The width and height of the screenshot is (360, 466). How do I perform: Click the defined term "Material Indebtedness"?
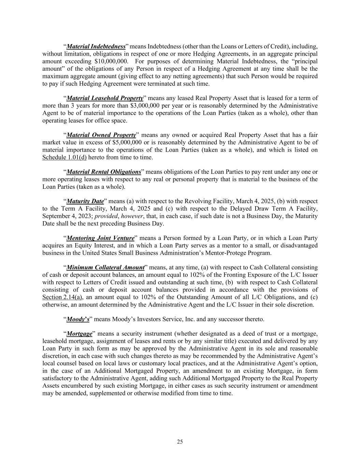pos(96,46)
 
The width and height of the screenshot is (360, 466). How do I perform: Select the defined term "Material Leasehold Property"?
pos(105,98)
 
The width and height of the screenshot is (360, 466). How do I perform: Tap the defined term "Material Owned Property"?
pos(101,135)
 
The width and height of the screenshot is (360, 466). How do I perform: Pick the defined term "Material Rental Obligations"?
pos(104,172)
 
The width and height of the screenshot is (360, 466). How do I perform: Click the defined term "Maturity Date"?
pos(85,201)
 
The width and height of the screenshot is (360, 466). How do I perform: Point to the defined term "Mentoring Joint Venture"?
pos(100,238)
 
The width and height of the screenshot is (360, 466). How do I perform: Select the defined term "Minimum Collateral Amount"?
pos(105,267)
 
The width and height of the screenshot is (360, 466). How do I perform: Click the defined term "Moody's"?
pos(78,319)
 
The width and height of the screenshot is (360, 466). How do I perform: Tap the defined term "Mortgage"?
pos(79,334)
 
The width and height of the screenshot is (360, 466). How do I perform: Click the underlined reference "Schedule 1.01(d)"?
pos(64,157)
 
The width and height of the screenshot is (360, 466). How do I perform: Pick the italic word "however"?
pos(132,216)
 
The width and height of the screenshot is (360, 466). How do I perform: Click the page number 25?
pos(180,442)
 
